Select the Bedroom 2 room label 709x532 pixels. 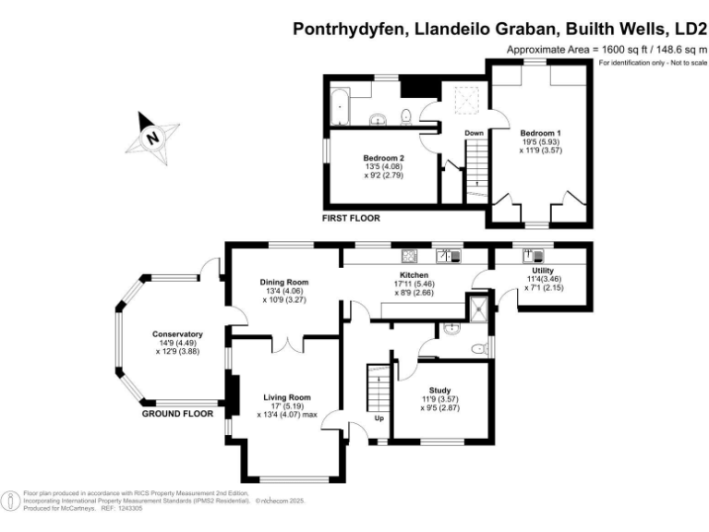tap(383, 158)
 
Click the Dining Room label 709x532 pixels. tap(284, 282)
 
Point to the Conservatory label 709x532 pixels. tap(179, 334)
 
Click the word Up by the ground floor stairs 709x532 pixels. tap(379, 417)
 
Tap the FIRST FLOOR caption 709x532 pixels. tap(351, 218)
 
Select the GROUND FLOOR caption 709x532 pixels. tap(179, 414)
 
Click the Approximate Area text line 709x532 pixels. tap(606, 49)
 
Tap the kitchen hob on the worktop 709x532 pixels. tap(410, 256)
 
